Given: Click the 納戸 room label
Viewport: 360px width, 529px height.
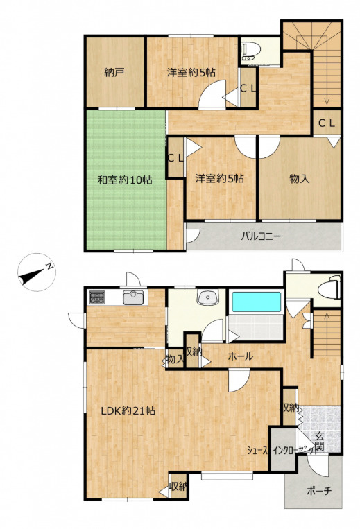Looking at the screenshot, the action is point(114,73).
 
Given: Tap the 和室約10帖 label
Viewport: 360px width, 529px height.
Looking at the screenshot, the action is point(125,180).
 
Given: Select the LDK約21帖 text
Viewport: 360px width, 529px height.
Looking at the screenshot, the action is point(128,411).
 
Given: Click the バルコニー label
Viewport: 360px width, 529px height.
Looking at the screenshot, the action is point(261,236).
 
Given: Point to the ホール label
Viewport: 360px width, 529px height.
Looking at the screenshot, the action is point(240,356).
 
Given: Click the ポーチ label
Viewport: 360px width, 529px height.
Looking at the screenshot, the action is point(319,491).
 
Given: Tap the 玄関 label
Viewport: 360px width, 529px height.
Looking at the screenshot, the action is point(320,442).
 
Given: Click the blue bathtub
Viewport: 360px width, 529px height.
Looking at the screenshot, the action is point(257,302).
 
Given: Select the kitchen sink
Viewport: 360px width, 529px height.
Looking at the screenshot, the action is point(133,297).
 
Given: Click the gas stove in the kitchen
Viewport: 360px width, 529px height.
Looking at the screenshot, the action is point(97,297).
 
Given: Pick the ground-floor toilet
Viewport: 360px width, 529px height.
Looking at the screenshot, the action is point(329,288).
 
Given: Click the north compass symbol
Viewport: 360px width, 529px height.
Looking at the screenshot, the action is point(37,272).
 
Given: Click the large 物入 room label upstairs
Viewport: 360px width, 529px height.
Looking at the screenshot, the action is point(299,179).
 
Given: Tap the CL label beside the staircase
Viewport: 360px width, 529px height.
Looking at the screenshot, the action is point(327,123).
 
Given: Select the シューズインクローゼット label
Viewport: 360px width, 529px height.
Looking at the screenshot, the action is point(282,450).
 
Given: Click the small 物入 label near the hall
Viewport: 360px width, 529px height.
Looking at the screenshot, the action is point(175,360).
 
